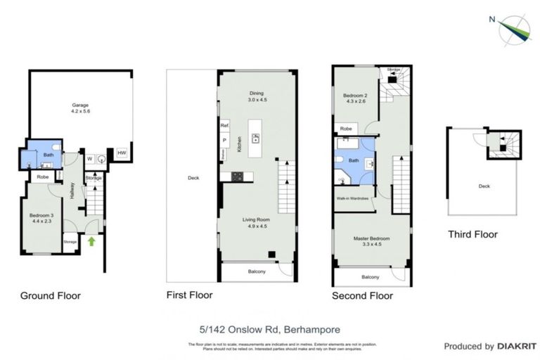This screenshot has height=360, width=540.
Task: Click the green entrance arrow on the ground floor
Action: click(x=91, y=242)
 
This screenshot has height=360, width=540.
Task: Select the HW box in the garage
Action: click(x=122, y=153)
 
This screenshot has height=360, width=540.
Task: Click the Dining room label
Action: click(x=256, y=96)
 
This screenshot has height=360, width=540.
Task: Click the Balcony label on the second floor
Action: click(x=370, y=278)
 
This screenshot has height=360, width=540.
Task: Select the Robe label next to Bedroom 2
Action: click(x=346, y=129)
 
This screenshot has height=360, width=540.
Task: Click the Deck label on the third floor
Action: click(x=484, y=186)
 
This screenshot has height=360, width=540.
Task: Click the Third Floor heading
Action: click(x=472, y=235)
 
